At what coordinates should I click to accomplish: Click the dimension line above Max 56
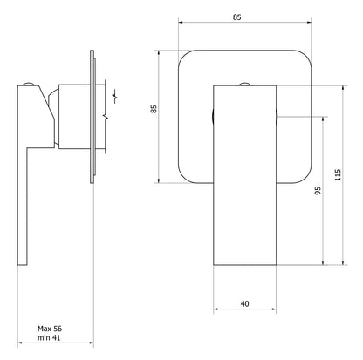(53, 318)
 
